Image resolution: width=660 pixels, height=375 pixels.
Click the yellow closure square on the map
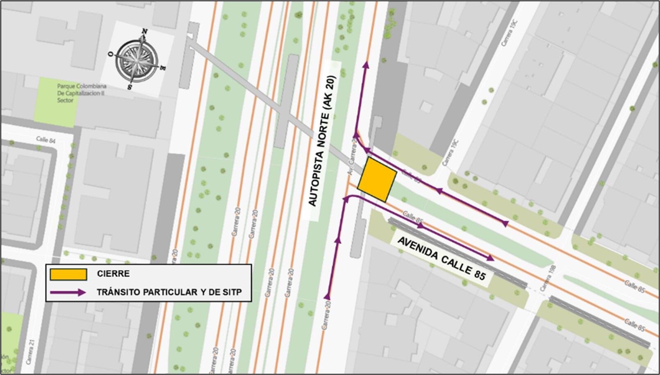pyautogui.click(x=377, y=180)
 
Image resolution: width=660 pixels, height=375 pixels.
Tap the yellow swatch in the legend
pyautogui.click(x=68, y=274)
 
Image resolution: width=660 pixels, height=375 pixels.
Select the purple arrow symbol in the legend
pyautogui.click(x=68, y=292)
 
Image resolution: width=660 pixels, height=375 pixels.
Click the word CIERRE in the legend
pyautogui.click(x=113, y=274)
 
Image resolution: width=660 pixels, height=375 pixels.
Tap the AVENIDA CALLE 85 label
pyautogui.click(x=442, y=258)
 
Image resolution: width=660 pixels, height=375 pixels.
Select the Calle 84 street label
pyautogui.click(x=46, y=140)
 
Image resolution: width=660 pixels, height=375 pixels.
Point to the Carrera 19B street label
pyautogui.click(x=548, y=279)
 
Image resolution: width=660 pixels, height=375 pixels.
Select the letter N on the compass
pyautogui.click(x=144, y=31)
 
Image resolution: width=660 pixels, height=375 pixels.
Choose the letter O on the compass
pyautogui.click(x=110, y=54)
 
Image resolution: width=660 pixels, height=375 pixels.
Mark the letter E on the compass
pyautogui.click(x=163, y=68)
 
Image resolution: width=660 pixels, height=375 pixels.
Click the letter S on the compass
pyautogui.click(x=130, y=87)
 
